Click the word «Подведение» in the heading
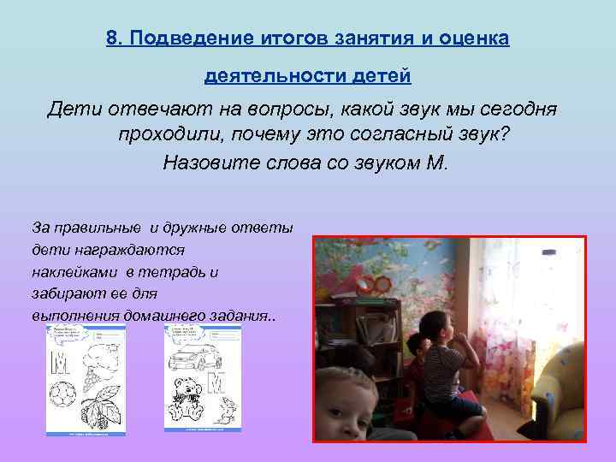[182, 39]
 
